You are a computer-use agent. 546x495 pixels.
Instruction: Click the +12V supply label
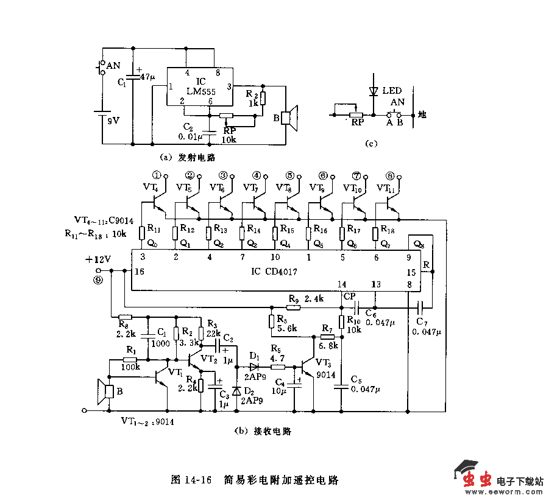pos(99,259)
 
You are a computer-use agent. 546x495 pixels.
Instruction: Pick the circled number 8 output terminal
pos(390,175)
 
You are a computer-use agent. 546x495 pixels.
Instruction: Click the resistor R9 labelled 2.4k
pos(294,307)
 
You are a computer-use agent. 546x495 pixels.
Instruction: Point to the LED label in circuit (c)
pos(392,91)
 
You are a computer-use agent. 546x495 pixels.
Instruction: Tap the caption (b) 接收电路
pos(263,431)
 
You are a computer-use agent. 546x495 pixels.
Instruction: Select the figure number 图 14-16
pos(191,479)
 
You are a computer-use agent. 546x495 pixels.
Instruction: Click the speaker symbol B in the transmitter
pos(288,119)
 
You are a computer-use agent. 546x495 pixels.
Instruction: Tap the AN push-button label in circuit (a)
pos(113,65)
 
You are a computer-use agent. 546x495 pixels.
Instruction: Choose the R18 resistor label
pos(388,229)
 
